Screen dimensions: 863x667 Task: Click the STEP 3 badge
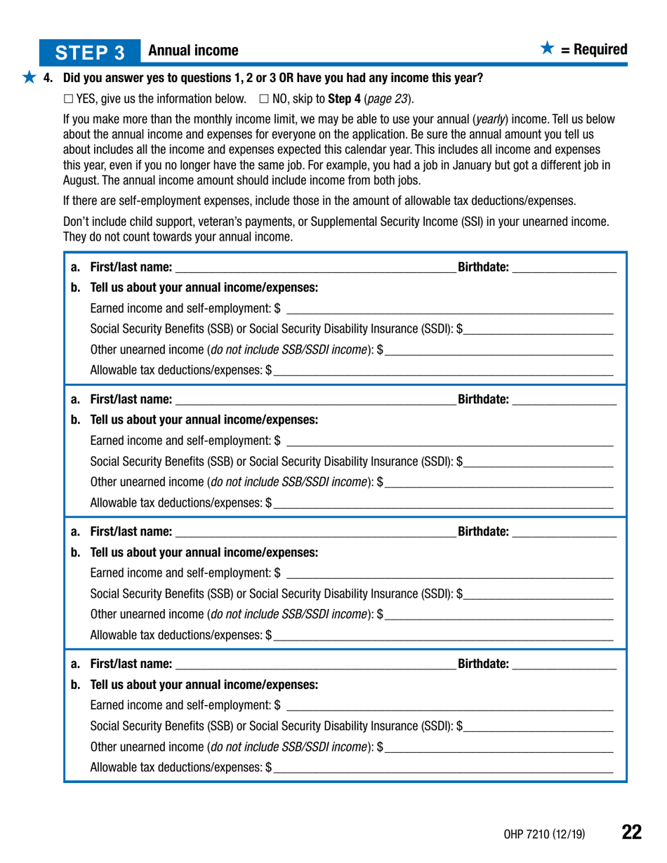tap(91, 52)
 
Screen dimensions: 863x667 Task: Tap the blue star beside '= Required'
tap(548, 49)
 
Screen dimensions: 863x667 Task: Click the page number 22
tap(631, 833)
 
